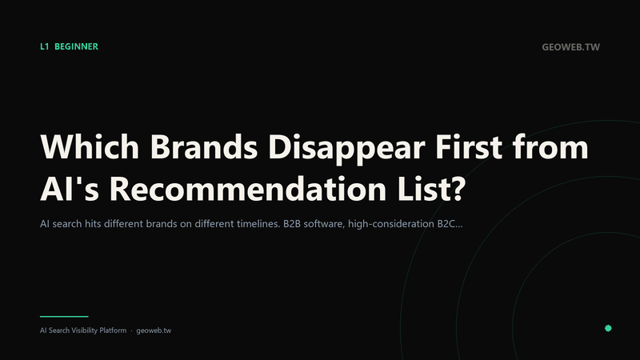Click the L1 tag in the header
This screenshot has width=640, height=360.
click(45, 46)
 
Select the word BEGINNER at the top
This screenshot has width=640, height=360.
click(76, 46)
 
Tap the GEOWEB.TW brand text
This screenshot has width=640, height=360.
click(570, 47)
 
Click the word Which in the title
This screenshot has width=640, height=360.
click(90, 146)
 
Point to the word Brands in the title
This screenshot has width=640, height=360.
click(204, 146)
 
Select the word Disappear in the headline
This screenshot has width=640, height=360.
click(346, 149)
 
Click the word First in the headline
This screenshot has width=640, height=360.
click(469, 146)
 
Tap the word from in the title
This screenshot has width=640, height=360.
click(550, 146)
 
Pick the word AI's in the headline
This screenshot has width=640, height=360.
click(70, 189)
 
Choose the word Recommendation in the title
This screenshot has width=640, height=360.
click(248, 189)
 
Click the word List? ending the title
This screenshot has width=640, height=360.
click(431, 189)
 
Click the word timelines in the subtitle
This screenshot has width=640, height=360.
click(258, 224)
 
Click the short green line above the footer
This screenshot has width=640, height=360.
click(64, 316)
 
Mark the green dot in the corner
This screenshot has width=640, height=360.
click(608, 328)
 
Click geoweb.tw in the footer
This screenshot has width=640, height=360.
click(154, 330)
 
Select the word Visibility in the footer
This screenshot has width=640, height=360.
click(85, 330)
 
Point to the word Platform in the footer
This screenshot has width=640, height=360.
click(113, 330)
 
